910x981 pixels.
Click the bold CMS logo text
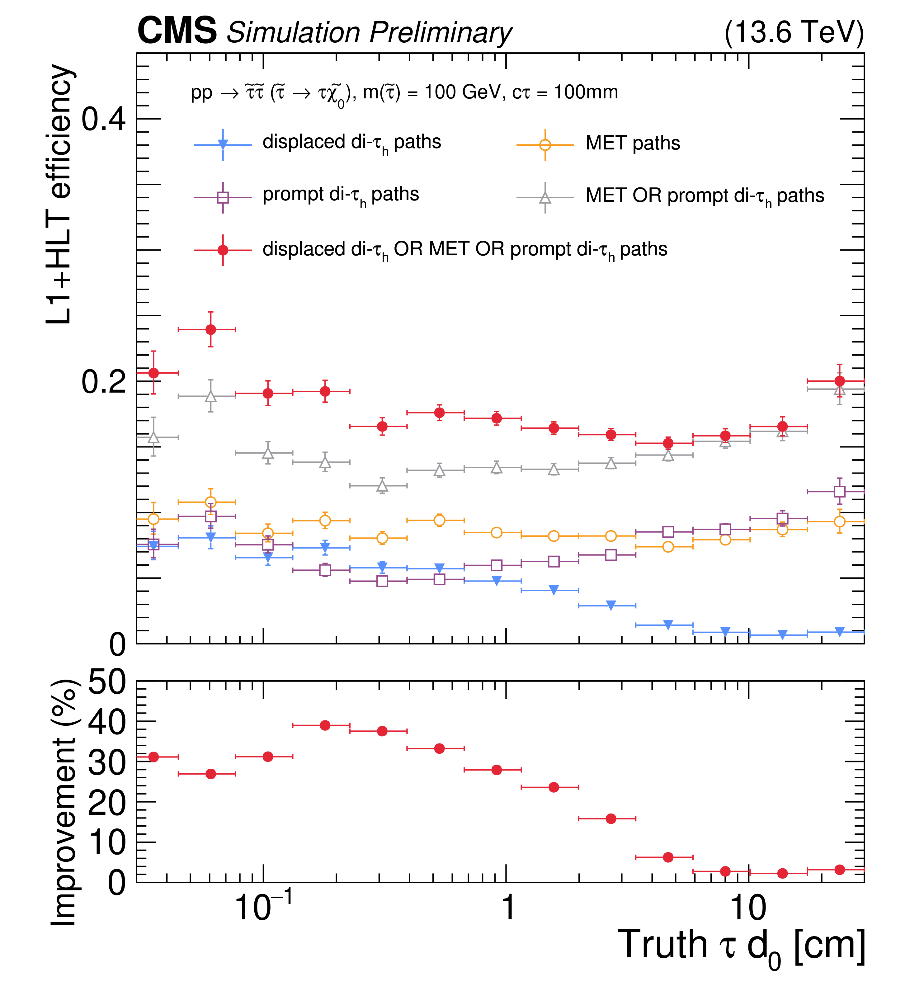(177, 31)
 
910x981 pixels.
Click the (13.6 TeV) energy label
(794, 32)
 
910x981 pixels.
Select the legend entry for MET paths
(632, 143)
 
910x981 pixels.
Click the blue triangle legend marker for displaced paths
(223, 144)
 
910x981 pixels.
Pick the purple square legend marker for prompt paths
(223, 197)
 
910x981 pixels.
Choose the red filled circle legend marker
(223, 250)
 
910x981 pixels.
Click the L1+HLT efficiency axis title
(60, 195)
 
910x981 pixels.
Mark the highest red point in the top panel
(211, 329)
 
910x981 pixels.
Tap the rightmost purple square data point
(840, 491)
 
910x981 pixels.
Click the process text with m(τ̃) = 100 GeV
(404, 92)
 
